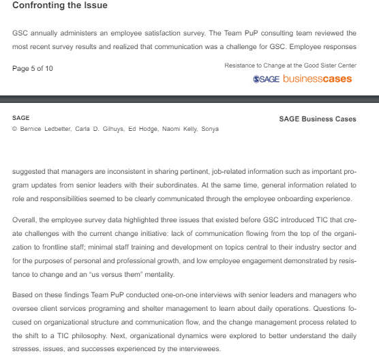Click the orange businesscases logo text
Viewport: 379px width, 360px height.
pyautogui.click(x=317, y=79)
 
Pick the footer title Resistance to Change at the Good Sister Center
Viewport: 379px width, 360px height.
pyautogui.click(x=290, y=65)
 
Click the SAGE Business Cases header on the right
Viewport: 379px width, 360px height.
pyautogui.click(x=317, y=119)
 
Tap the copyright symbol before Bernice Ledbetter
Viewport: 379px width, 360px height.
pyautogui.click(x=15, y=128)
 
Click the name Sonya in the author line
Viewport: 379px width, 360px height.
pyautogui.click(x=210, y=128)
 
